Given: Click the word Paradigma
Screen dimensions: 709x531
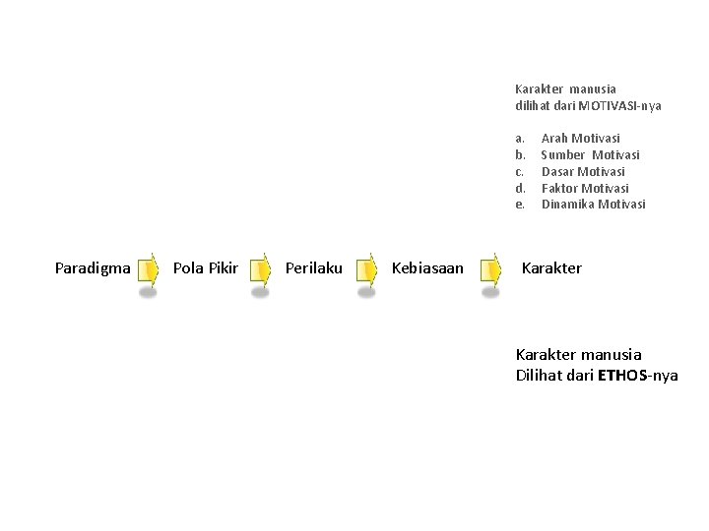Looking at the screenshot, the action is (x=93, y=268).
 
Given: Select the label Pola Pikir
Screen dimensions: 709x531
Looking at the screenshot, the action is (x=205, y=268).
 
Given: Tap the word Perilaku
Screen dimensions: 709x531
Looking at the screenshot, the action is (x=314, y=268).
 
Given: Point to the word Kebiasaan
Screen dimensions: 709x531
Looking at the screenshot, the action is (x=427, y=268).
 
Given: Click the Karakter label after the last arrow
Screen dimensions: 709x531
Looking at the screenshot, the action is (x=551, y=268).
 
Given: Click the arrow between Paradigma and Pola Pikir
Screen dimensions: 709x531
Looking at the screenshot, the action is (x=148, y=268).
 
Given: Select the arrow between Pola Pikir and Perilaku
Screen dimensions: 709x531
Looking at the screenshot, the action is (x=260, y=268).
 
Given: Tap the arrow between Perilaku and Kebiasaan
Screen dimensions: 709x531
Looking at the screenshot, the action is (x=366, y=268).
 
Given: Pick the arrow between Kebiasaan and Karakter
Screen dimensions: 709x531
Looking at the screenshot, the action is (x=490, y=268).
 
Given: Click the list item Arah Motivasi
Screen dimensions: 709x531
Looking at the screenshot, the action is (x=581, y=139).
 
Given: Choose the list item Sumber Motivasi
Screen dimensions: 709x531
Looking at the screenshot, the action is (x=590, y=155).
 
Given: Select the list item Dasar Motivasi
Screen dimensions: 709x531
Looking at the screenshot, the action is (x=583, y=172).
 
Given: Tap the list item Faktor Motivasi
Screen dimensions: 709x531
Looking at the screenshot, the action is (x=585, y=189).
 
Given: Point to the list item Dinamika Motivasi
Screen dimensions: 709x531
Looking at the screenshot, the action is (x=594, y=205).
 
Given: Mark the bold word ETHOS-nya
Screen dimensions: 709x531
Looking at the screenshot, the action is (x=638, y=376).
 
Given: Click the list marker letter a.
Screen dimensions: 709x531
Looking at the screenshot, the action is (x=519, y=139).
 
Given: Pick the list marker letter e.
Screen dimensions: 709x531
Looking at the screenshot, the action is (x=519, y=205).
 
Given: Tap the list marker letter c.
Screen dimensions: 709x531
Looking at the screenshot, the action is (x=519, y=172).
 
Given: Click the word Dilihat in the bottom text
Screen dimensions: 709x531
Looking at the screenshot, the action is (x=540, y=376).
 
